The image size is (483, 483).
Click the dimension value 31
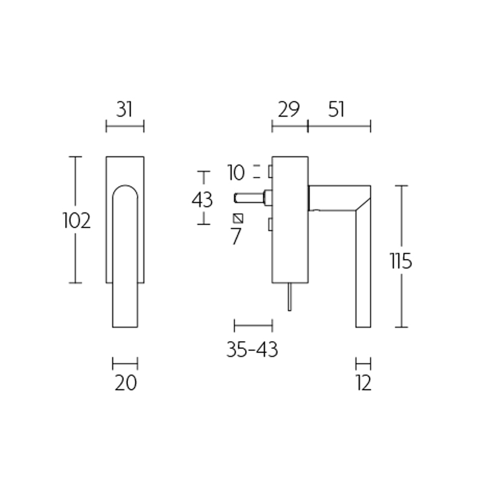[124, 109]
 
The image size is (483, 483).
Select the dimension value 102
[77, 221]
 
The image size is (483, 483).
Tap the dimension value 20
[126, 383]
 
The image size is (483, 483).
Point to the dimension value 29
[289, 109]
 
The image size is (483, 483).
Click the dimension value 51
[337, 109]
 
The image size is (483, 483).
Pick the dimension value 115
[400, 261]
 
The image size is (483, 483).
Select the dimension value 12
[363, 383]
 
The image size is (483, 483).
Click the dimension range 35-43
[252, 350]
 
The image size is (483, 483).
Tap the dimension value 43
[202, 199]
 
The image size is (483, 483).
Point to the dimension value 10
[236, 173]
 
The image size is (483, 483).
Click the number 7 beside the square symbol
[236, 237]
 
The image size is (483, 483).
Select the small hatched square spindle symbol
[238, 218]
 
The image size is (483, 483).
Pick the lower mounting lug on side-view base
[270, 225]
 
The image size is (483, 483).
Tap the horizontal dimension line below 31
[125, 126]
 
